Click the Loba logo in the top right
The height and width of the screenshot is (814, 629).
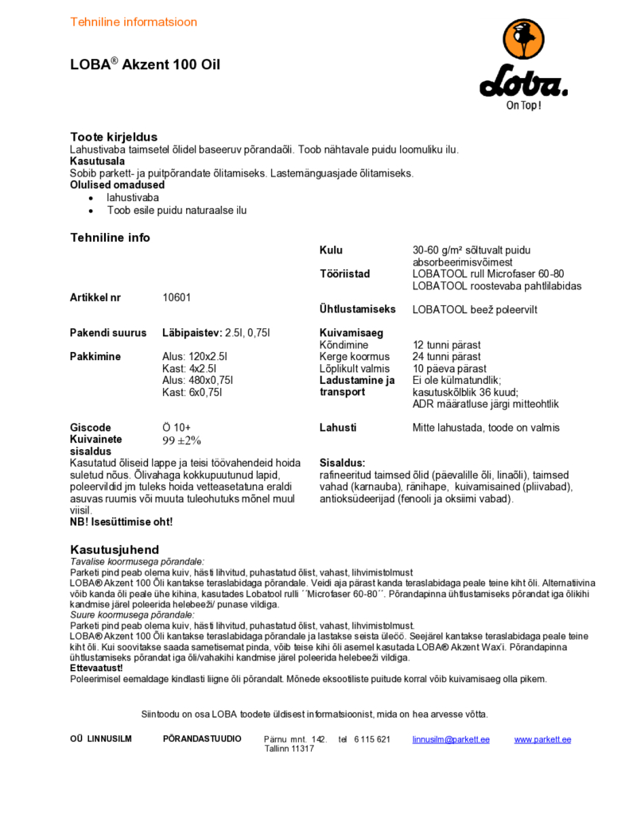[523, 64]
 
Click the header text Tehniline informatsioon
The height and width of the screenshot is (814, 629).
[134, 21]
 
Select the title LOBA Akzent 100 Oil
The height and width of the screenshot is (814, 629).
[146, 65]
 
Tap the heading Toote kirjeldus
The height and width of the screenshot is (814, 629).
[114, 137]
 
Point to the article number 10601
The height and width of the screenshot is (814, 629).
[177, 297]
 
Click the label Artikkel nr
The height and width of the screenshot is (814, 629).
[95, 297]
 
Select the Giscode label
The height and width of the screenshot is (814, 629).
[91, 428]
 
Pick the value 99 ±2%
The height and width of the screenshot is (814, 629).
[182, 440]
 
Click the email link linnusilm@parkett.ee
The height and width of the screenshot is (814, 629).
[451, 739]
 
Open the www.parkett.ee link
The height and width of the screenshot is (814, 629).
[542, 739]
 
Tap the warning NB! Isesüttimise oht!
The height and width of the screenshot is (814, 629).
[121, 522]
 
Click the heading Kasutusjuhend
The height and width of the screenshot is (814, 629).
[115, 549]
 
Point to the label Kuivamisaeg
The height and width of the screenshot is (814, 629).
[351, 333]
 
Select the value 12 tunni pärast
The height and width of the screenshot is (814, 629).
[446, 345]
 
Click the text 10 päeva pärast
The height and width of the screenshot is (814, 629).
[449, 369]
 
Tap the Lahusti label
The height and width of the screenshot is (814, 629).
[338, 428]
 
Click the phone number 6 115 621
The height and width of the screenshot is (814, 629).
[373, 739]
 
